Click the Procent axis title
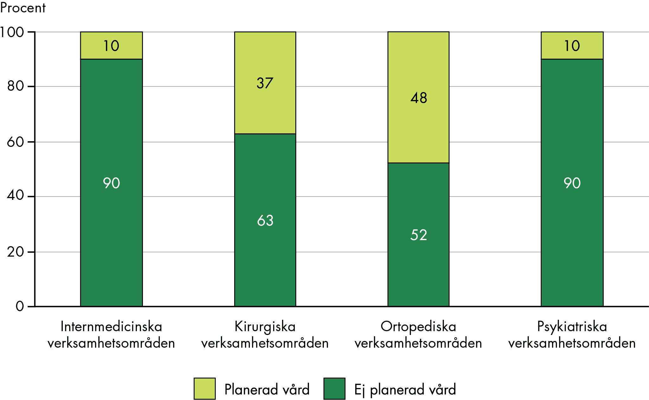(x=23, y=8)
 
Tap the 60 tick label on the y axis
(x=15, y=142)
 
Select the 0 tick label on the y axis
(x=20, y=306)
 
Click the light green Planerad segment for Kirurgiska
(x=265, y=108)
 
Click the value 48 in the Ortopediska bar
(x=419, y=98)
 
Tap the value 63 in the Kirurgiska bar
(x=265, y=220)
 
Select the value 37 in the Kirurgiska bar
(x=265, y=83)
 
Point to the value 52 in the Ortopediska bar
(x=419, y=235)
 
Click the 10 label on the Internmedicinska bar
(x=111, y=46)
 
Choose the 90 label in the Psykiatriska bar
(x=572, y=183)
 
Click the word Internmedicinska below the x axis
(x=111, y=326)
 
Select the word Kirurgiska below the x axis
(x=265, y=326)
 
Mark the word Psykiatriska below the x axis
(x=572, y=326)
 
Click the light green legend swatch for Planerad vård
(x=205, y=388)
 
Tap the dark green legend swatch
(x=334, y=388)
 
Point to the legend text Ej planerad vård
(x=405, y=390)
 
